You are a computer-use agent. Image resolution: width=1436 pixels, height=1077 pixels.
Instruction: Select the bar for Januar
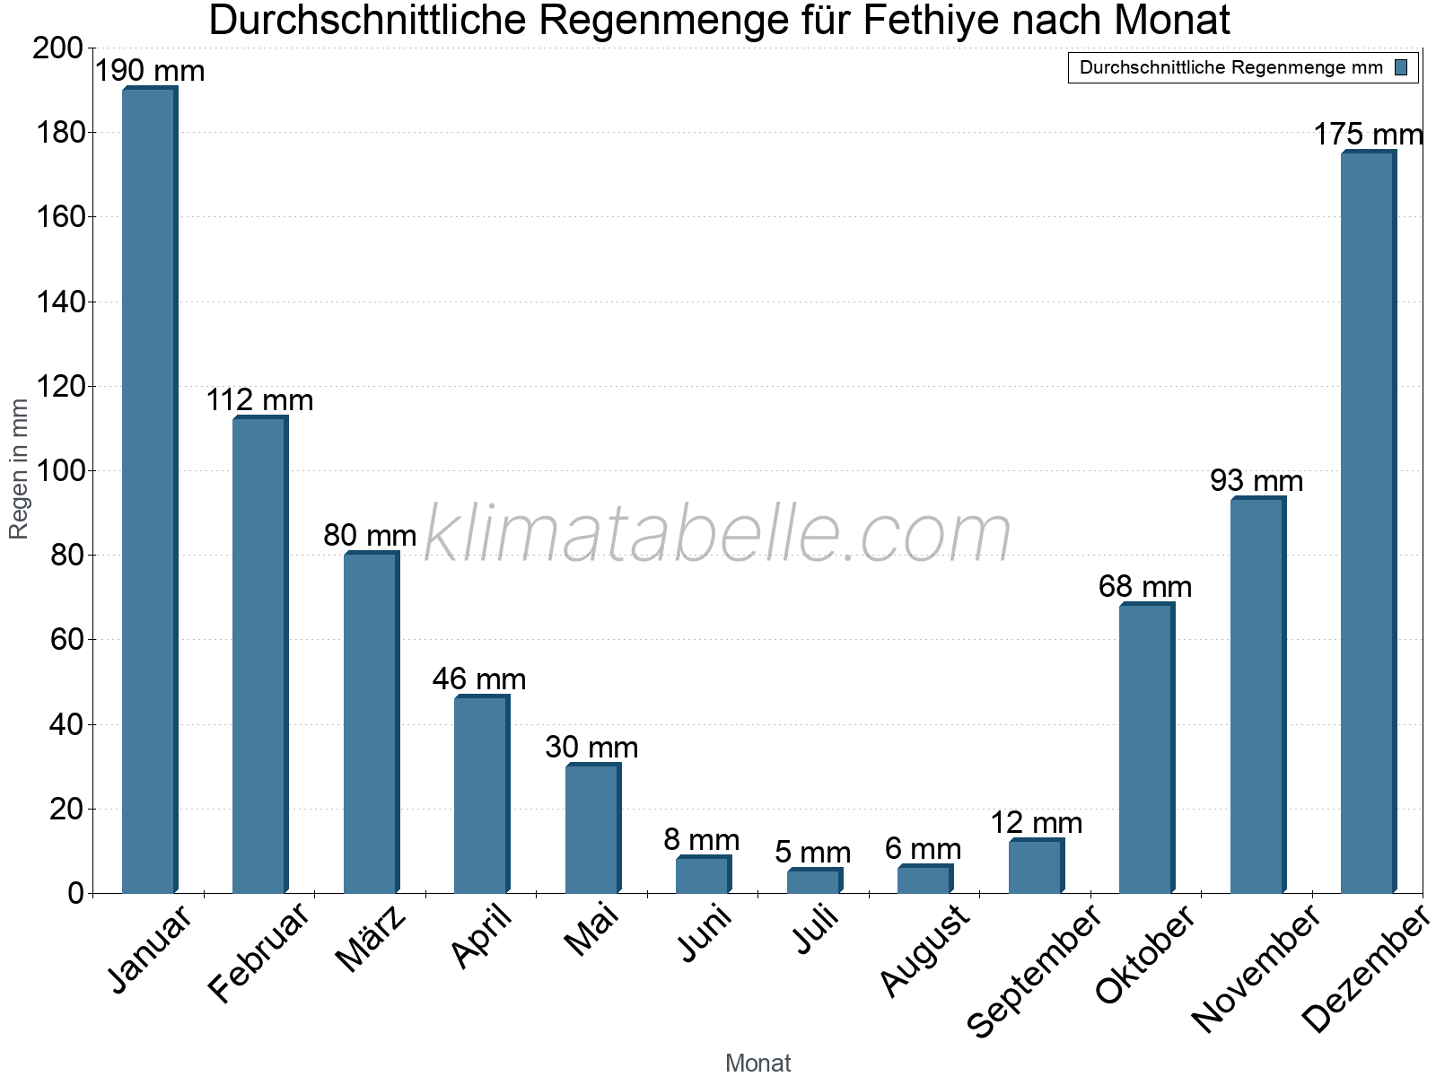[x=149, y=489]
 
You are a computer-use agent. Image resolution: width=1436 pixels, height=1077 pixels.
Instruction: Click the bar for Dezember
[x=1367, y=522]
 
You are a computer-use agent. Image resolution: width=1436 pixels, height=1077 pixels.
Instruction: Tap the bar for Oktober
[x=1146, y=749]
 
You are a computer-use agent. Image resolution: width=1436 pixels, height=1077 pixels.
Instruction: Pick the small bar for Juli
[x=814, y=881]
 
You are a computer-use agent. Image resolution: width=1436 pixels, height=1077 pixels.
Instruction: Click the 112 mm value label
[x=260, y=400]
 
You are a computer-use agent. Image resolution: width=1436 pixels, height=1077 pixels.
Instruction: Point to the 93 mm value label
[x=1256, y=481]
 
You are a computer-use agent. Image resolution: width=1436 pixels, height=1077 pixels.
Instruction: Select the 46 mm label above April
[x=479, y=679]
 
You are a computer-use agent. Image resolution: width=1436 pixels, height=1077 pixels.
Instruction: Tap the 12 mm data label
[x=1037, y=823]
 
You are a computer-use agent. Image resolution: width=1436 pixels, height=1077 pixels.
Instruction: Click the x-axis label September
[x=1035, y=971]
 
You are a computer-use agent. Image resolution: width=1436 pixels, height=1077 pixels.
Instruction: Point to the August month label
[x=925, y=950]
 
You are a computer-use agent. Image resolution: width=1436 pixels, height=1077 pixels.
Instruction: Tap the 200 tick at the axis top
[x=58, y=48]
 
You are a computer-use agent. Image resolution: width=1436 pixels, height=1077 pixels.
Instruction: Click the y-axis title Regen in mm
[x=19, y=469]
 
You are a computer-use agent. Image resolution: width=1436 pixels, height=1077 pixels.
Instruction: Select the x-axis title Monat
[x=757, y=1063]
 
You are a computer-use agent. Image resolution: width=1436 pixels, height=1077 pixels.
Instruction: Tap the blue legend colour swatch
[x=1401, y=67]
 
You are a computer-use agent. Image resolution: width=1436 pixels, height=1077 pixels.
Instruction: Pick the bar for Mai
[x=592, y=828]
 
